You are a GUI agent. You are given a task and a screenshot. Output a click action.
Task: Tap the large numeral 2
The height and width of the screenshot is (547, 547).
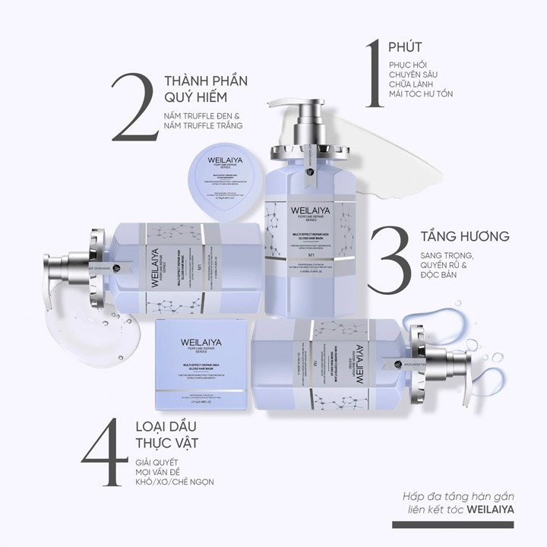coord(137,106)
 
